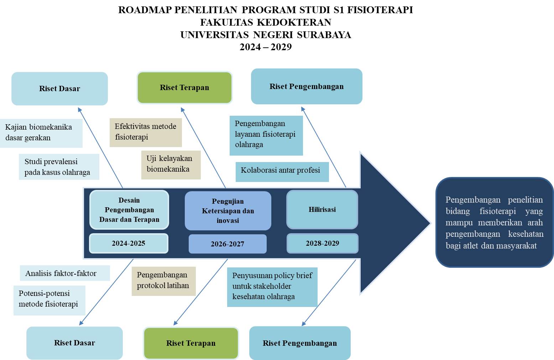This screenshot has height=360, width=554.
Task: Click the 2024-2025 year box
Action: pyautogui.click(x=129, y=244)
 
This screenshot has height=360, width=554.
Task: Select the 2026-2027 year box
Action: pyautogui.click(x=228, y=244)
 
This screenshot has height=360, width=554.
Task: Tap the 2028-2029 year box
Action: pyautogui.click(x=322, y=243)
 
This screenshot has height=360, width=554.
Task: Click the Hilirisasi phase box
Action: pyautogui.click(x=322, y=210)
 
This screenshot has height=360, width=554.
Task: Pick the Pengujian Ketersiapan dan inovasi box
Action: pyautogui.click(x=228, y=211)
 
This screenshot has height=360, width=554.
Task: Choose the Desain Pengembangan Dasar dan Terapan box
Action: pyautogui.click(x=129, y=210)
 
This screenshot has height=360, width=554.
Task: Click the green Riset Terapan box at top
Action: pyautogui.click(x=184, y=88)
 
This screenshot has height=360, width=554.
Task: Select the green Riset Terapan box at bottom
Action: pyautogui.click(x=191, y=343)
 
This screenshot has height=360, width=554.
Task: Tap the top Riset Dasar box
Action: pyautogui.click(x=59, y=89)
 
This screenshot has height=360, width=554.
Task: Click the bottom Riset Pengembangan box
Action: pyautogui.click(x=300, y=343)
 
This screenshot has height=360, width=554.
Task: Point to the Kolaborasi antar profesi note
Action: pyautogui.click(x=282, y=171)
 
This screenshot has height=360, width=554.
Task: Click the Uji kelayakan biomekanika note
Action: pyautogui.click(x=171, y=165)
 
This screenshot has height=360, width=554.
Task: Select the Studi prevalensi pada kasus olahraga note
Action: pyautogui.click(x=59, y=167)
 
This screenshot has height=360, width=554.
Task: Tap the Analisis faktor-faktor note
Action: pyautogui.click(x=64, y=273)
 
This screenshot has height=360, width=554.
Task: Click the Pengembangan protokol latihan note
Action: pyautogui.click(x=163, y=281)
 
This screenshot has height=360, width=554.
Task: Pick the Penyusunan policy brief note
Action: pyautogui.click(x=272, y=287)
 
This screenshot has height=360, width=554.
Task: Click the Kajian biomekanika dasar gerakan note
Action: pyautogui.click(x=41, y=133)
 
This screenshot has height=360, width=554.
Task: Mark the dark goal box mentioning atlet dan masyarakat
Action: pyautogui.click(x=495, y=223)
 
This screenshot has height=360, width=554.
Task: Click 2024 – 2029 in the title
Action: pyautogui.click(x=266, y=47)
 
